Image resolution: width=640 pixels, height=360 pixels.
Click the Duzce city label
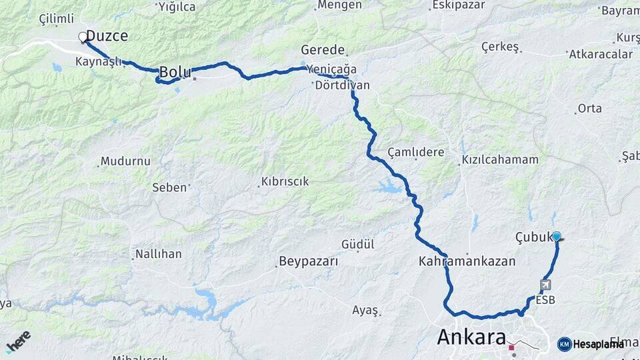coord(107,36)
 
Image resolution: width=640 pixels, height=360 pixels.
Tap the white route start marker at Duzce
coord(83,37)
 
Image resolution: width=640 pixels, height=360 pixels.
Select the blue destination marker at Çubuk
coord(556,235)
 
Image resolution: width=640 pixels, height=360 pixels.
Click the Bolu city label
coord(175,71)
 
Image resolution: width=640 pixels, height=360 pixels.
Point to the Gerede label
coord(323,50)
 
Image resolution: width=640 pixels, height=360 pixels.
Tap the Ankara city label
coord(471,337)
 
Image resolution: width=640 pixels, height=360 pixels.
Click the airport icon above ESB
coord(546,285)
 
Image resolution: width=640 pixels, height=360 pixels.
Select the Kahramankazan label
coord(467,261)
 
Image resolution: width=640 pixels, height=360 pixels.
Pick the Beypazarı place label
coord(309,261)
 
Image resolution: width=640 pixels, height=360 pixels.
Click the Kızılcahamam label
coord(499,160)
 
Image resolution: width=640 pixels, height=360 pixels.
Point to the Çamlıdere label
coord(415,152)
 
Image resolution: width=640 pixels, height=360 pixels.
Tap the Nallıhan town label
coord(159,254)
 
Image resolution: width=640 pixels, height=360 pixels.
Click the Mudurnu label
coord(125,161)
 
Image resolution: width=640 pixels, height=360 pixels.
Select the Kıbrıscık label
coord(285,181)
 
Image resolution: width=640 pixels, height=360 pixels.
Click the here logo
coord(18,341)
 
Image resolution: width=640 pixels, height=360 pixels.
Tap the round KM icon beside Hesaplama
coord(564,344)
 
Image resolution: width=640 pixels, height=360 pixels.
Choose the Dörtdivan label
coord(342,86)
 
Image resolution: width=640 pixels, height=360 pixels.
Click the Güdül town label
coord(358,245)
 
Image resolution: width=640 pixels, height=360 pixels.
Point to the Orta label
coord(589,108)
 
